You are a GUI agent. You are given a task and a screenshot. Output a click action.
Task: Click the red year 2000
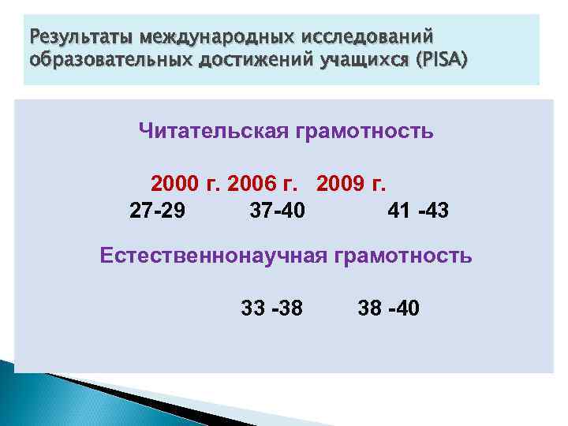point(175,185)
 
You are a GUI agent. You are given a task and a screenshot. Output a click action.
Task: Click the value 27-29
point(158,211)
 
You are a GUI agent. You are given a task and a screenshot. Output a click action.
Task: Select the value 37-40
point(278,211)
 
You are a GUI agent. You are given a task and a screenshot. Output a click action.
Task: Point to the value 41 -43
point(418,211)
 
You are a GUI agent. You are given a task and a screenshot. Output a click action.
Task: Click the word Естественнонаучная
point(212,256)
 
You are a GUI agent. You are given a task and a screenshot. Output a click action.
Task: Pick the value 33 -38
point(271,306)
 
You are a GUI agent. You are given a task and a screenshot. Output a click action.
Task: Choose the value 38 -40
point(389,306)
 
